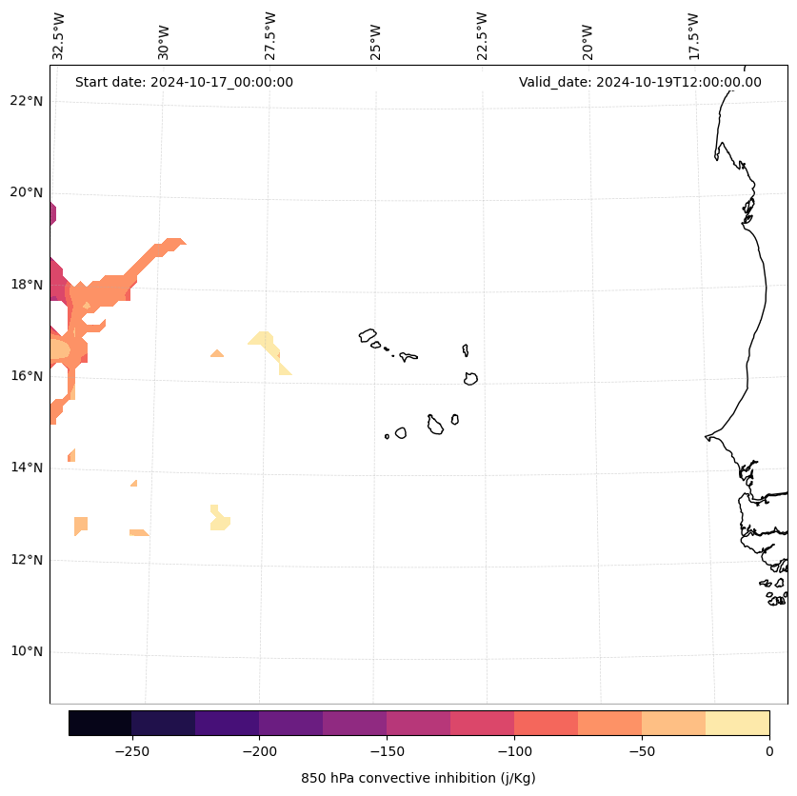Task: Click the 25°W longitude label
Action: (376, 38)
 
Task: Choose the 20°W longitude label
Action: (588, 38)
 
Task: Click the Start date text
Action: (184, 82)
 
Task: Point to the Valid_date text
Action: (640, 82)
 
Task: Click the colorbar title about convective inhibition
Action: (418, 778)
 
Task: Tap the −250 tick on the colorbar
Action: (131, 750)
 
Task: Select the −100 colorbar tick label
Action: (514, 750)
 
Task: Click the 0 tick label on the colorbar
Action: (768, 750)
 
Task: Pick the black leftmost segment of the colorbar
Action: (100, 723)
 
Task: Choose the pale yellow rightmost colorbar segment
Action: (737, 723)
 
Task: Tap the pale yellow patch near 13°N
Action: (220, 520)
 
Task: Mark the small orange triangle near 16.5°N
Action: (217, 353)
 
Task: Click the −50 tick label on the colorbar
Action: (642, 750)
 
